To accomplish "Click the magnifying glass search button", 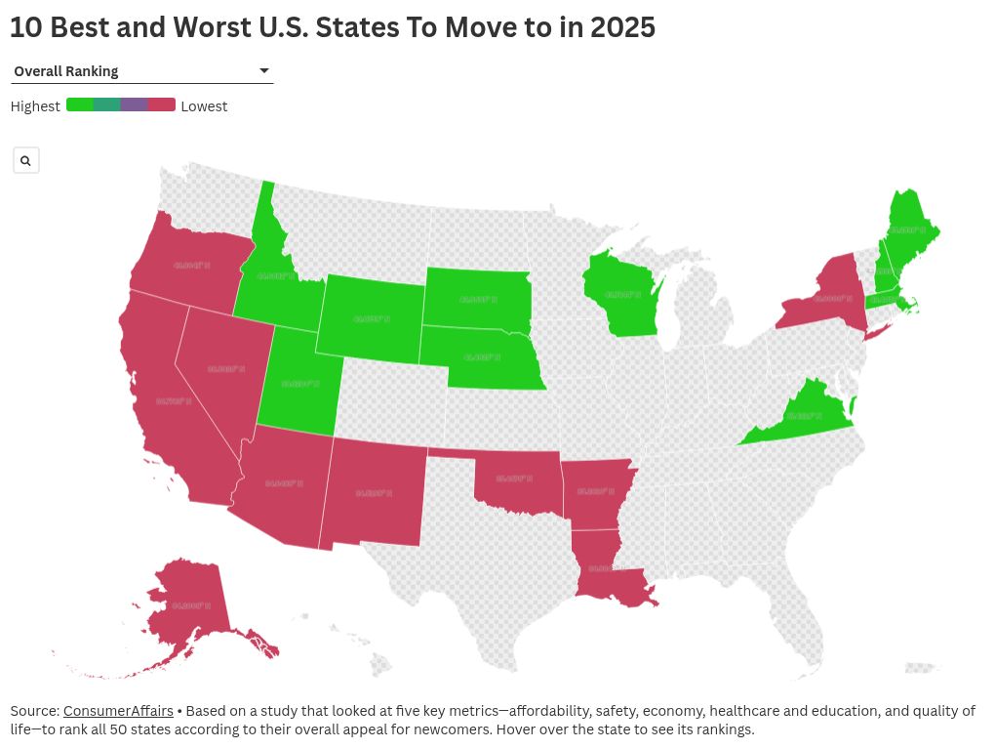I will [x=26, y=160].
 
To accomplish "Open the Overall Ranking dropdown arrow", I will [x=263, y=71].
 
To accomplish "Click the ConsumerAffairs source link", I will [x=118, y=711].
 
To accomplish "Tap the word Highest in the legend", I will [x=35, y=106].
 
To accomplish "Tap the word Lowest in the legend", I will [x=204, y=106].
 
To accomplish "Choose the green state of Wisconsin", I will [x=620, y=293].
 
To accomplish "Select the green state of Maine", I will [x=909, y=229].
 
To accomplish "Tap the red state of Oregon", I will [x=190, y=264].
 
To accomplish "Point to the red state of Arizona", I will [x=284, y=483].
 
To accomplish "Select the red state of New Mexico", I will [x=376, y=492].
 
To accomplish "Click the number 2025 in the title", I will [x=621, y=27].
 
